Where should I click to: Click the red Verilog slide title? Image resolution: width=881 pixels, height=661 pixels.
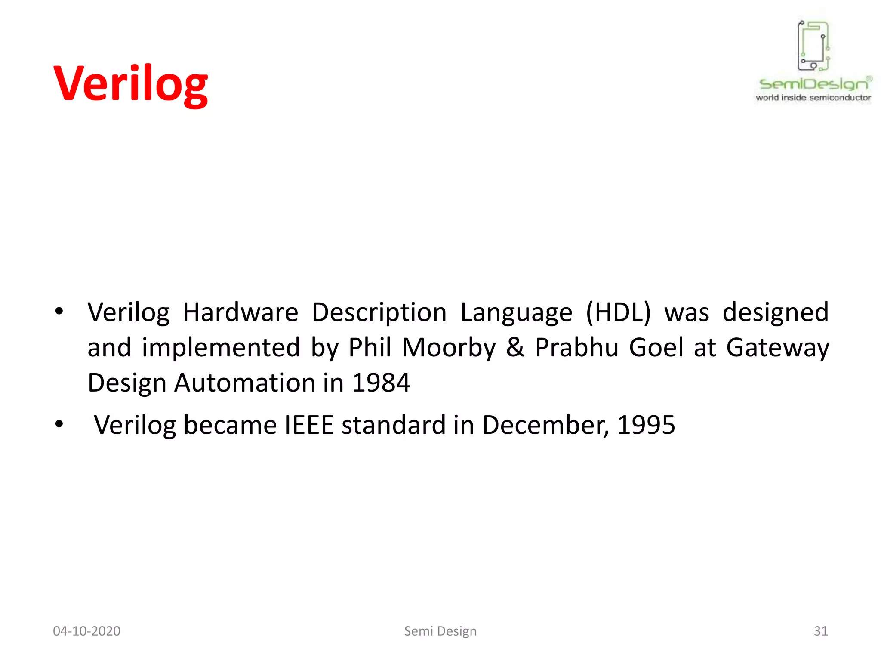[x=131, y=84]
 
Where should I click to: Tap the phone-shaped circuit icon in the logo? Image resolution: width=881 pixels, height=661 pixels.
[x=813, y=46]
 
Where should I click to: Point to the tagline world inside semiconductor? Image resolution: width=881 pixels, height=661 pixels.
[x=813, y=98]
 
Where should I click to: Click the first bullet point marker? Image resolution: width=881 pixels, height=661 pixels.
[x=59, y=311]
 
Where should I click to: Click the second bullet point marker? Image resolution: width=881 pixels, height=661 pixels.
[x=59, y=424]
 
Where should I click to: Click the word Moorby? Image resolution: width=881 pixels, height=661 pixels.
[x=449, y=348]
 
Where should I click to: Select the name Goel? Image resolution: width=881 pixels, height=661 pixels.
[x=656, y=347]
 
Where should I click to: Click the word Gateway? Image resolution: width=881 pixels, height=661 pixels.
[x=777, y=348]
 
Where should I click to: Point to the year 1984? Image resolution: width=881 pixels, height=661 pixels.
[x=381, y=383]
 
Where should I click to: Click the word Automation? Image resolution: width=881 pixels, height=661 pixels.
[x=245, y=383]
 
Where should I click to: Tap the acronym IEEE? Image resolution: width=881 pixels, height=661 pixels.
[x=309, y=425]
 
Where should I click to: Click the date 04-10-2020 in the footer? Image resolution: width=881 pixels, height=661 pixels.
[x=86, y=631]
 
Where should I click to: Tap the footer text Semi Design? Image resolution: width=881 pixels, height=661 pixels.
[x=440, y=631]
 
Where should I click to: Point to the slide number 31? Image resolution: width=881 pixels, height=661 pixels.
[x=820, y=631]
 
